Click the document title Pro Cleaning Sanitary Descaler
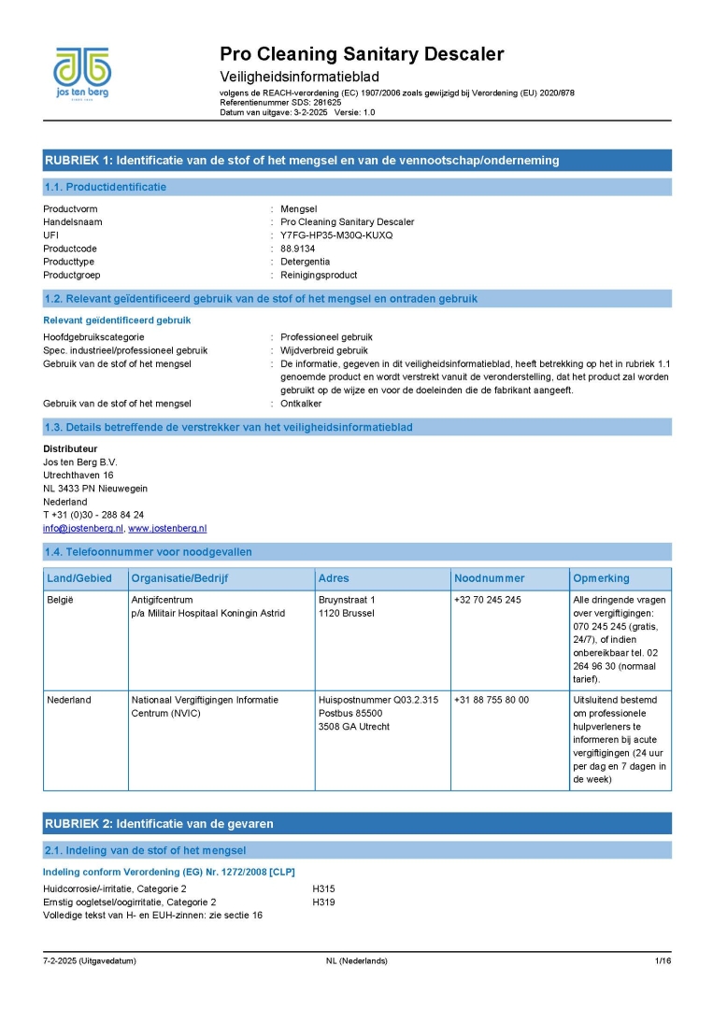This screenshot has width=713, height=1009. click(362, 54)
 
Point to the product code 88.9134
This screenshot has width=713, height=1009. click(300, 249)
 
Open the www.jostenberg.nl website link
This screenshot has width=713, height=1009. click(167, 528)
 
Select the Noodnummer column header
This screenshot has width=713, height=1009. click(490, 578)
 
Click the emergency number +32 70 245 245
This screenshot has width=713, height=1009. click(488, 600)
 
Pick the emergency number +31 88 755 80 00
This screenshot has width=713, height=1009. click(492, 700)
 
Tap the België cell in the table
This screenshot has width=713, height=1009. click(60, 600)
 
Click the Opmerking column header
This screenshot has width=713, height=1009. click(601, 578)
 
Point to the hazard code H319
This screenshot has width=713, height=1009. click(323, 902)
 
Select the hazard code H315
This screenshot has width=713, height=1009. click(323, 888)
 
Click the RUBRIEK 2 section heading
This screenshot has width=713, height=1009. click(159, 824)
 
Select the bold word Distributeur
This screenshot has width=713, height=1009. click(70, 448)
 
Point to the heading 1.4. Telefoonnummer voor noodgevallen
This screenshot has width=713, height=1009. click(148, 552)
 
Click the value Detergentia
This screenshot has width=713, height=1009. click(305, 262)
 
